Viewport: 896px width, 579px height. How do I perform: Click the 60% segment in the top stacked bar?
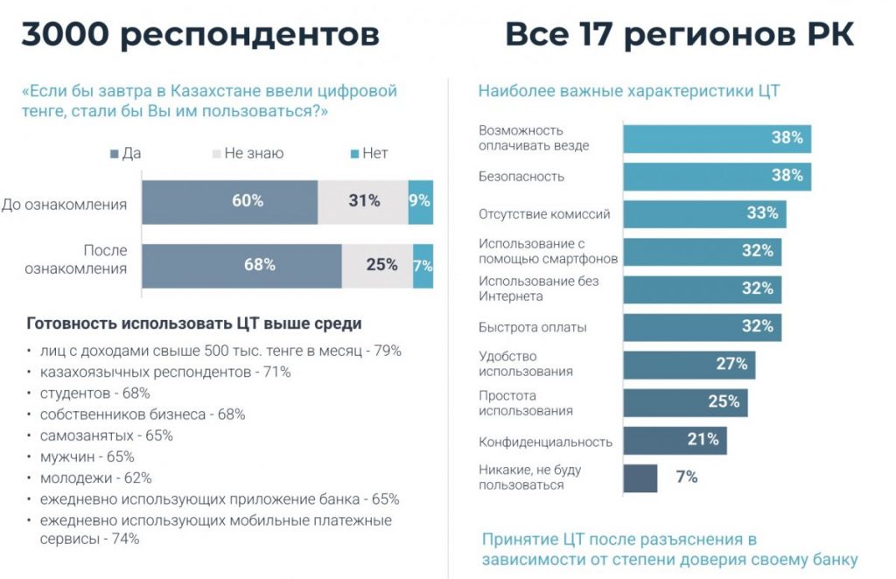(x=230, y=202)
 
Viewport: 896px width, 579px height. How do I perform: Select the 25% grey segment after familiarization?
(x=377, y=265)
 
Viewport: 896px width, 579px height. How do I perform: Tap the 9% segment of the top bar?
(x=421, y=202)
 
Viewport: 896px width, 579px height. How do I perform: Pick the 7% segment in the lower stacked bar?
(x=423, y=265)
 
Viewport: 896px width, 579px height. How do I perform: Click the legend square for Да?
(x=115, y=154)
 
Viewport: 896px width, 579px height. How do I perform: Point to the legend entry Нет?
(x=368, y=153)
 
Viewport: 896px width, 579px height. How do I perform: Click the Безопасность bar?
(x=717, y=176)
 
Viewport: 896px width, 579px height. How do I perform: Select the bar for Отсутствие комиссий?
(x=704, y=213)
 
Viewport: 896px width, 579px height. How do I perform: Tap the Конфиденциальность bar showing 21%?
(x=675, y=440)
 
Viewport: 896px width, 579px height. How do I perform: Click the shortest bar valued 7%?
(x=640, y=478)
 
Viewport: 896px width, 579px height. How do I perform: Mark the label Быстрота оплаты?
(x=533, y=327)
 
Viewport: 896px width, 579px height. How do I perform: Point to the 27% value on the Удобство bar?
(x=731, y=364)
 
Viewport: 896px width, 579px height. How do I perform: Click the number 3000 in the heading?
(x=65, y=35)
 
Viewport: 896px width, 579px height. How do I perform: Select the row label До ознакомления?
(x=64, y=205)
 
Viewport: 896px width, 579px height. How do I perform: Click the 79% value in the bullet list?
(x=387, y=351)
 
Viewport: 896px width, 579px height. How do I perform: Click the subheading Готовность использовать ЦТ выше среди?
(x=194, y=324)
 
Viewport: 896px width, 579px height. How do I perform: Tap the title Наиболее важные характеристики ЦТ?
(x=628, y=91)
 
